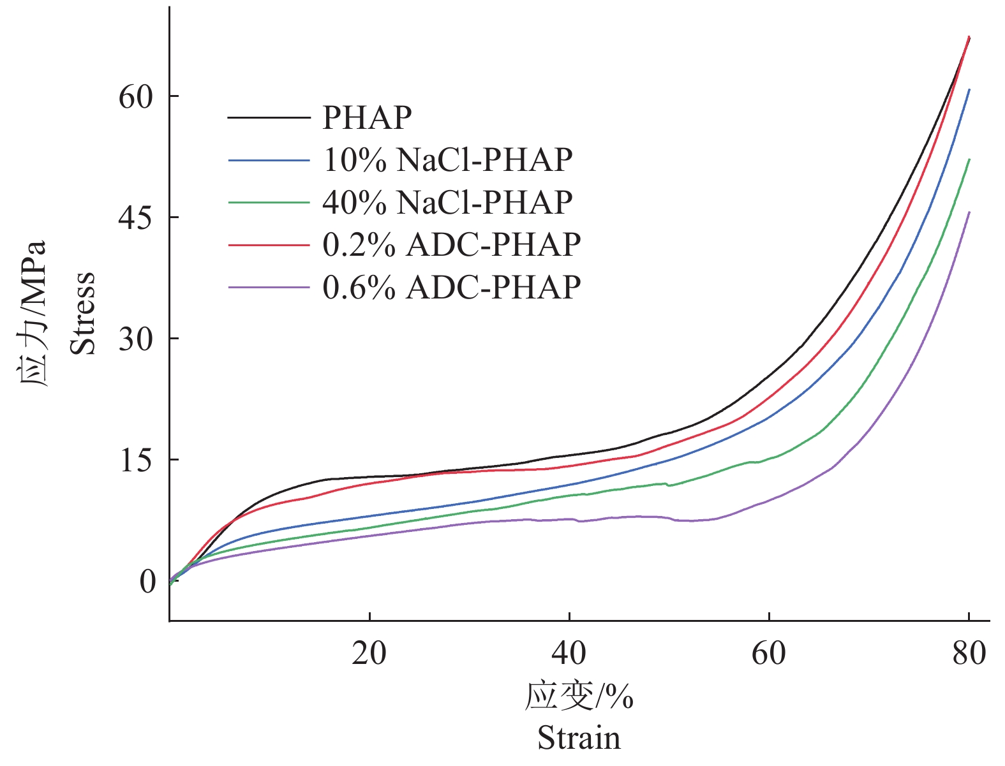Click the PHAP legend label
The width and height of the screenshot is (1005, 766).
pyautogui.click(x=367, y=117)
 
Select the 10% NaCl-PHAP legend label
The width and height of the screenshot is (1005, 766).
pyautogui.click(x=447, y=159)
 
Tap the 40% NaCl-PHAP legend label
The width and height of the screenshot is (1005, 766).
pyautogui.click(x=447, y=202)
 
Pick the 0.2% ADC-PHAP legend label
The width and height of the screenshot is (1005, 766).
pyautogui.click(x=452, y=245)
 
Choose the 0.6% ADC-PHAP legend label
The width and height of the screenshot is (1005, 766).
pyautogui.click(x=452, y=288)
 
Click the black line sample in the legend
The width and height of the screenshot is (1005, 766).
pyautogui.click(x=269, y=117)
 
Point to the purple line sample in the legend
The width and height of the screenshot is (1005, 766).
pyautogui.click(x=269, y=288)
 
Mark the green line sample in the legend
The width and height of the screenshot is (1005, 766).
pyautogui.click(x=269, y=202)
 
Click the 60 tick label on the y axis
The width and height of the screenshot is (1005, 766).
pyautogui.click(x=137, y=97)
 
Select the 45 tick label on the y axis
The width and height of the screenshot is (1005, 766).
pyautogui.click(x=137, y=218)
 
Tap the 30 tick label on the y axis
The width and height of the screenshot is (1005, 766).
pyautogui.click(x=137, y=339)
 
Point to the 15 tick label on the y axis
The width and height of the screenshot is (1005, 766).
pyautogui.click(x=137, y=460)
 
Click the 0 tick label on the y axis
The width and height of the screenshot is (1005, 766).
pyautogui.click(x=147, y=582)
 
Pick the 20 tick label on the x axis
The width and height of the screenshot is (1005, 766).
pyautogui.click(x=369, y=654)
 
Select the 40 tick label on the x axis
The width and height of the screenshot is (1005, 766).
pyautogui.click(x=569, y=654)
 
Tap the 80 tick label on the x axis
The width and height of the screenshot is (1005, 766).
pyautogui.click(x=969, y=654)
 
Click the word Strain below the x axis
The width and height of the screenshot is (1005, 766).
pyautogui.click(x=579, y=739)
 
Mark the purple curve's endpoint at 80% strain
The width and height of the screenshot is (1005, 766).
pyautogui.click(x=969, y=212)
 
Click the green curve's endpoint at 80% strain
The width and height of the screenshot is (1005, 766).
pyautogui.click(x=969, y=160)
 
